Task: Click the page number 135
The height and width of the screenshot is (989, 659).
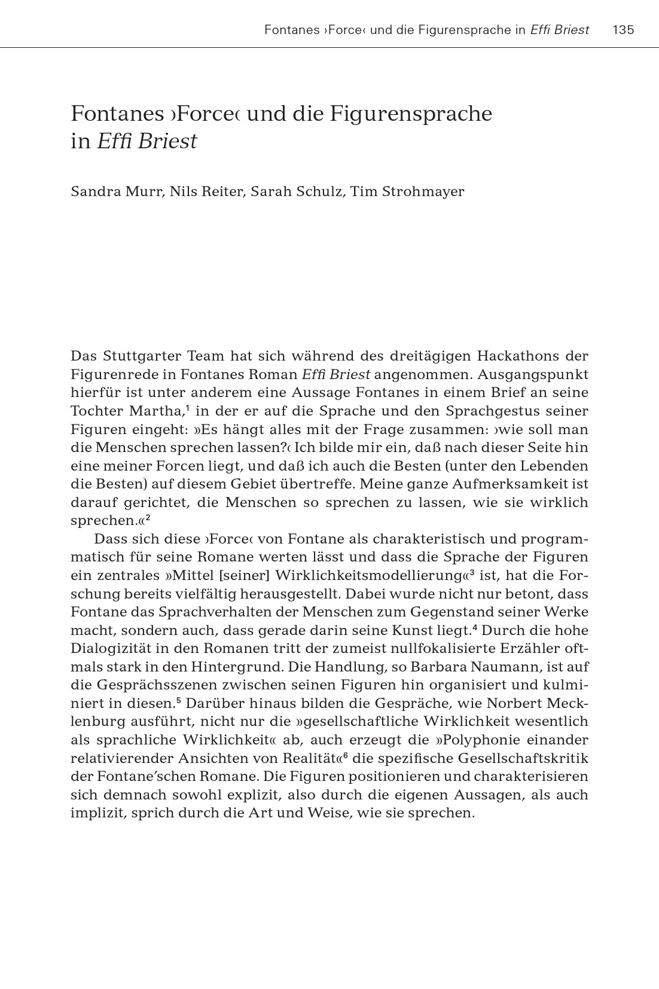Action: click(623, 30)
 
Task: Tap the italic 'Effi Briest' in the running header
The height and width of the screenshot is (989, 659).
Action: click(559, 30)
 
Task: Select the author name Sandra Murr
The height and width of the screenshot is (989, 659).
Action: click(116, 191)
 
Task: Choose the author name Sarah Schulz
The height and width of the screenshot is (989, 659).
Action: click(296, 191)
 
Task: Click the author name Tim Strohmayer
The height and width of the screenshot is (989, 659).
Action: click(407, 191)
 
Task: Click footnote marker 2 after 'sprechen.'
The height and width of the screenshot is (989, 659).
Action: click(147, 517)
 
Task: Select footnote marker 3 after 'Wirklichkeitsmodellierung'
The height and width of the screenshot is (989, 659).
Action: click(472, 572)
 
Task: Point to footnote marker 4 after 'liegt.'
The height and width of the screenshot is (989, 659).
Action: click(474, 627)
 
